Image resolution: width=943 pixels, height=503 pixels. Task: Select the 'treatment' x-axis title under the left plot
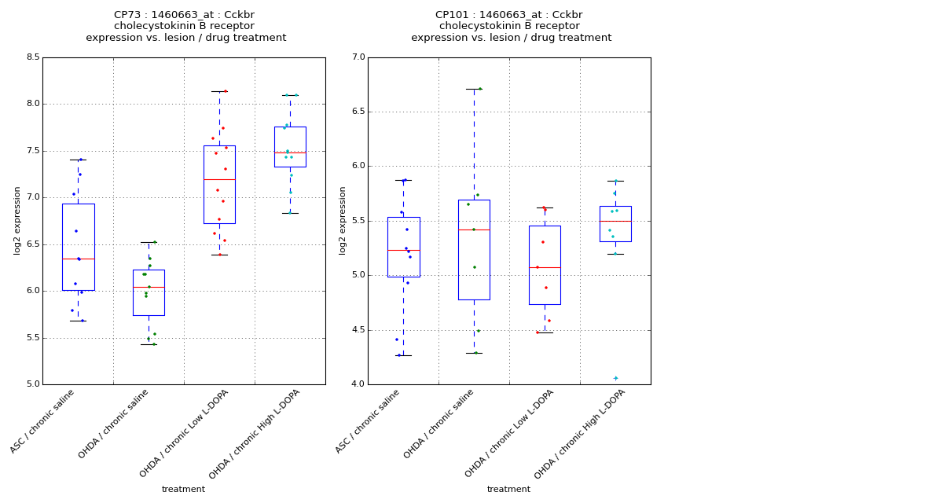(183, 490)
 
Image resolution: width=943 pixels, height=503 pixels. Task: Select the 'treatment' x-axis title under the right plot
(508, 490)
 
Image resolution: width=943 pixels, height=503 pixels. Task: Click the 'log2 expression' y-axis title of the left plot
(17, 220)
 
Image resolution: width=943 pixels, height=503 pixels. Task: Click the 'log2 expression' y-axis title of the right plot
(343, 220)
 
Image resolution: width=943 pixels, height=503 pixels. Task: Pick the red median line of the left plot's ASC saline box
(78, 259)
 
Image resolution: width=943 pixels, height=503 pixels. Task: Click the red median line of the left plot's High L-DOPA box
(290, 152)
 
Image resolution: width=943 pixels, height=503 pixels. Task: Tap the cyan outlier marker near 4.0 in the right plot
(615, 378)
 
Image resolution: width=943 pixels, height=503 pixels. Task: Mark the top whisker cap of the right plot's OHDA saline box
(474, 89)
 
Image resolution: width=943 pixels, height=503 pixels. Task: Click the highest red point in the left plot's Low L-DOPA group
(226, 91)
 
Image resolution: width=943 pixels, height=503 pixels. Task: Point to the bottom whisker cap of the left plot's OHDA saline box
(149, 344)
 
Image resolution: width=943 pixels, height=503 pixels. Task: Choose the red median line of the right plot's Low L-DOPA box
(545, 267)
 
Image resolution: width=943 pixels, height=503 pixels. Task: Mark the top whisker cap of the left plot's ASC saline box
(78, 160)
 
